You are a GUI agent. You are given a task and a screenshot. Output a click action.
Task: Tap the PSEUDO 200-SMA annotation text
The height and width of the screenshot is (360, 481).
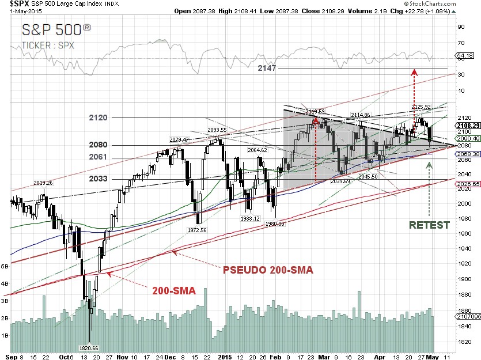point(268,270)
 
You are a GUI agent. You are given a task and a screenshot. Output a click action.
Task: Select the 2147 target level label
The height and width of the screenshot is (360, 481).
point(267,68)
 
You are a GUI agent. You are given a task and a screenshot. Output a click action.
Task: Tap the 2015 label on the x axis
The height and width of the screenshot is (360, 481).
point(225,355)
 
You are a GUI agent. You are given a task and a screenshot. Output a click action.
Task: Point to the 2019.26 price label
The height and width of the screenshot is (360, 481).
point(43,183)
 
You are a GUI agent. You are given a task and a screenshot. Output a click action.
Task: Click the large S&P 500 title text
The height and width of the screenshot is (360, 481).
point(56,31)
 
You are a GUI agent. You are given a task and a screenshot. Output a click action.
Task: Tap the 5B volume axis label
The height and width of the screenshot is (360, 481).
point(5,267)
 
